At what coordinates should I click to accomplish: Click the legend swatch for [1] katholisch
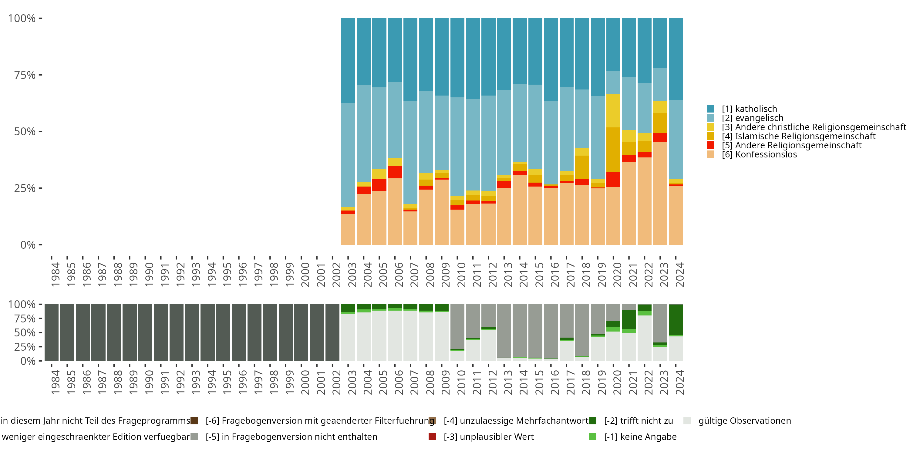pyautogui.click(x=710, y=109)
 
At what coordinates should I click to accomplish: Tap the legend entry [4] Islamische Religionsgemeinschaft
pyautogui.click(x=798, y=136)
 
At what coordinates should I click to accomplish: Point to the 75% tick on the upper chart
pyautogui.click(x=25, y=75)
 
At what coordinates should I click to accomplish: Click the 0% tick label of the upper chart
pyautogui.click(x=28, y=245)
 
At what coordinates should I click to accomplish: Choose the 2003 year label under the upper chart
pyautogui.click(x=352, y=275)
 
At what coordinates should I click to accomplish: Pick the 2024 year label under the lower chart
pyautogui.click(x=680, y=382)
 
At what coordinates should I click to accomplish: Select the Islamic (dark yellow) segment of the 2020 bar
pyautogui.click(x=613, y=150)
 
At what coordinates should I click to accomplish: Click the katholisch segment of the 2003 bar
pyautogui.click(x=348, y=60)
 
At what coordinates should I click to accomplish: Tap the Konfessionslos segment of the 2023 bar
pyautogui.click(x=660, y=193)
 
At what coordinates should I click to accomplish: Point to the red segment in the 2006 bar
pyautogui.click(x=395, y=172)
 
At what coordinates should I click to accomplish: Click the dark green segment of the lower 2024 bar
pyautogui.click(x=676, y=319)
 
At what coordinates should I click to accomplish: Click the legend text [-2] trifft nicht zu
pyautogui.click(x=638, y=421)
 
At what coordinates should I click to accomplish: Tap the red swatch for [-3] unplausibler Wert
pyautogui.click(x=432, y=436)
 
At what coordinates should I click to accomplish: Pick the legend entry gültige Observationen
pyautogui.click(x=744, y=421)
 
